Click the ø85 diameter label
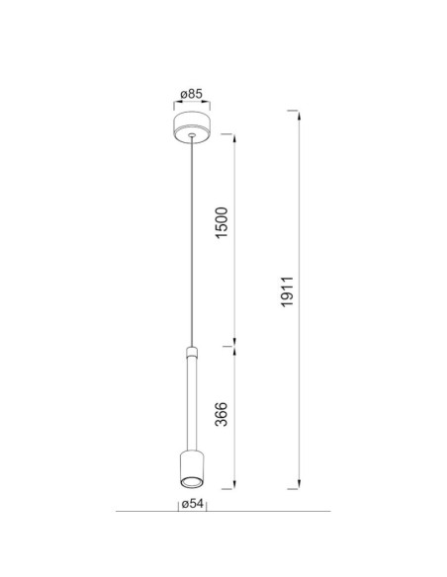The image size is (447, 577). pyautogui.click(x=192, y=94)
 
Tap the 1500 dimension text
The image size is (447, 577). pyautogui.click(x=222, y=223)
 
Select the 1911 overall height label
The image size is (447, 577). pyautogui.click(x=287, y=291)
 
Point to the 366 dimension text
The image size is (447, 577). pyautogui.click(x=222, y=414)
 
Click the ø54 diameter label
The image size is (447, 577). pyautogui.click(x=192, y=504)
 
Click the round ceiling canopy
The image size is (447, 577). pyautogui.click(x=192, y=127)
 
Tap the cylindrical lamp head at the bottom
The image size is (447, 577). pyautogui.click(x=192, y=469)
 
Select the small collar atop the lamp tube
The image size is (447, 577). pyautogui.click(x=192, y=352)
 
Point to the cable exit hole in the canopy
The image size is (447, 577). pyautogui.click(x=191, y=135)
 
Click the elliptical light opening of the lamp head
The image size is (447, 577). pyautogui.click(x=192, y=482)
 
